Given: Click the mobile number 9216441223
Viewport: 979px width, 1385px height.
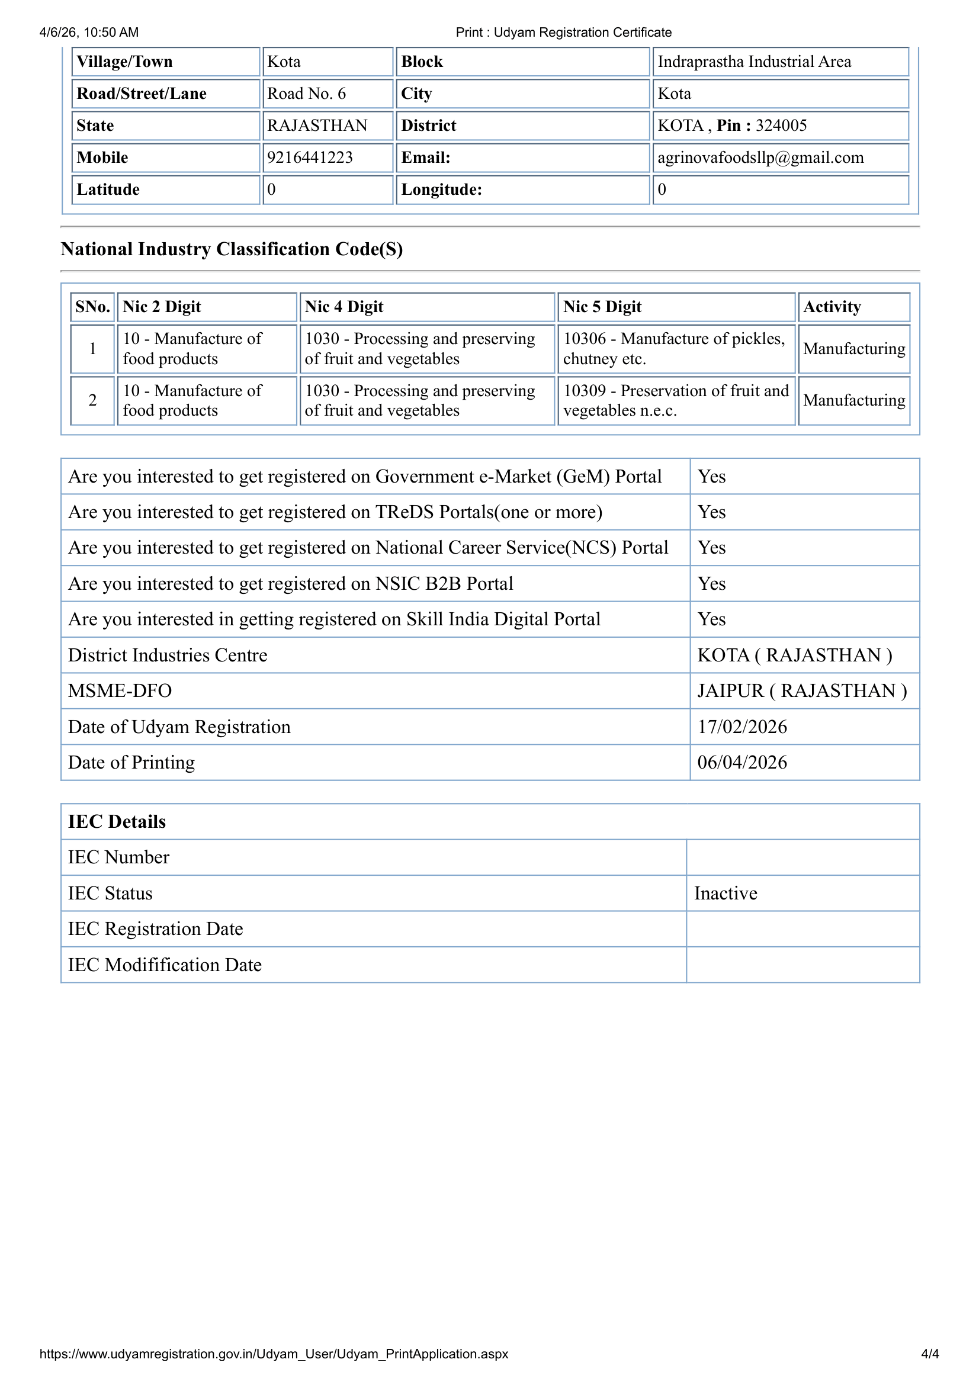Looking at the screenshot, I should click(309, 158).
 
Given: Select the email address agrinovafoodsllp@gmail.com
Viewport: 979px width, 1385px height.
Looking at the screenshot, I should click(760, 158).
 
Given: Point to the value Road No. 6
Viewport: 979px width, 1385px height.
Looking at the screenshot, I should click(306, 94).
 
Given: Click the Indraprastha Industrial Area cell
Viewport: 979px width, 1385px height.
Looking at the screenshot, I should click(754, 62).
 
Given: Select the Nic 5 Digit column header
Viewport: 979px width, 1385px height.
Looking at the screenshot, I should click(602, 307).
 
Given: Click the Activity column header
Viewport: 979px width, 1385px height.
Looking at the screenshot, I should click(832, 307).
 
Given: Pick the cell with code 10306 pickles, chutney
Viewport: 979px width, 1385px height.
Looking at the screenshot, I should click(674, 349).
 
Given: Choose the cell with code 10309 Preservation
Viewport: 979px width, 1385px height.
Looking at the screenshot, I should click(676, 400).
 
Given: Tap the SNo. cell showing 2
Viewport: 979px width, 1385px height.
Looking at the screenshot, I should click(92, 400).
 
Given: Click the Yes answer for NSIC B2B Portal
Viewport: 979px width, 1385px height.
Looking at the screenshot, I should click(711, 583).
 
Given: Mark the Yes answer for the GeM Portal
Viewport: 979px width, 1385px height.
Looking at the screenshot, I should click(711, 477).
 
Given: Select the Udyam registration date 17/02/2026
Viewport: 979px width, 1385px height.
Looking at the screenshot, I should click(742, 727).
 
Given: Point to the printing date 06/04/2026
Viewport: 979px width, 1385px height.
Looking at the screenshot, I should click(742, 763).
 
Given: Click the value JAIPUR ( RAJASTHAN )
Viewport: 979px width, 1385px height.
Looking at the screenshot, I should click(802, 690).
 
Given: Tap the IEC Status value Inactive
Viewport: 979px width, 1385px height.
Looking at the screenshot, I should click(725, 894).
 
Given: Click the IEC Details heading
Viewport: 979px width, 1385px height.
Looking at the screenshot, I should click(117, 822).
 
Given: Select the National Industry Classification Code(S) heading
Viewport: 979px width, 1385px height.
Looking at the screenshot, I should click(232, 249).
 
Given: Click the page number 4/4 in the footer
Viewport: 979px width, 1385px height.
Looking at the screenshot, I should click(929, 1354).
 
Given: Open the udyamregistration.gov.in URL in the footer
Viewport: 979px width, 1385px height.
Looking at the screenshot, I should click(273, 1354).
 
